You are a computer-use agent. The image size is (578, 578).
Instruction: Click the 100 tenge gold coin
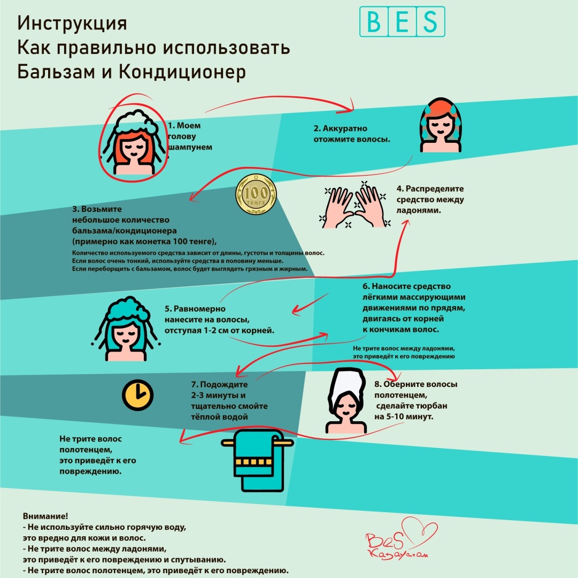coord(256,194)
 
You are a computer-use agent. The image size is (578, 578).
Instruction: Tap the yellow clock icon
coord(137,395)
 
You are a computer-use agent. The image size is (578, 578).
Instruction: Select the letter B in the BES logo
coord(374,22)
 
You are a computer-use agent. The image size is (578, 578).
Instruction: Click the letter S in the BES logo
coord(430,22)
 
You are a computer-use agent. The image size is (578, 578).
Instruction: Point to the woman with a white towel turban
coord(346,400)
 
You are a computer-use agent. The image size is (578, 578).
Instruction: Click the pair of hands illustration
coord(355,205)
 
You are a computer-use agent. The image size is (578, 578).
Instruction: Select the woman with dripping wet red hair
coord(441,125)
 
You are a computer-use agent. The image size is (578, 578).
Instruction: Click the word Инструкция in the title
coord(72,23)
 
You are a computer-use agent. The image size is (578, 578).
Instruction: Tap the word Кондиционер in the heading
coord(182,72)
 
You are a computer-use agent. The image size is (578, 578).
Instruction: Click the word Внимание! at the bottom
coord(45,516)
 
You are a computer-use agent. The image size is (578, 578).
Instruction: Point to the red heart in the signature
coord(420,531)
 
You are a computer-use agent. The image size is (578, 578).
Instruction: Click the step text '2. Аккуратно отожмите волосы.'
coord(352,133)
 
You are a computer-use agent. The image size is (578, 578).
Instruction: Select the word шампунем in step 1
coord(190,147)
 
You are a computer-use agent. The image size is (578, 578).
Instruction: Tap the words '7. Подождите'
coord(219,384)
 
